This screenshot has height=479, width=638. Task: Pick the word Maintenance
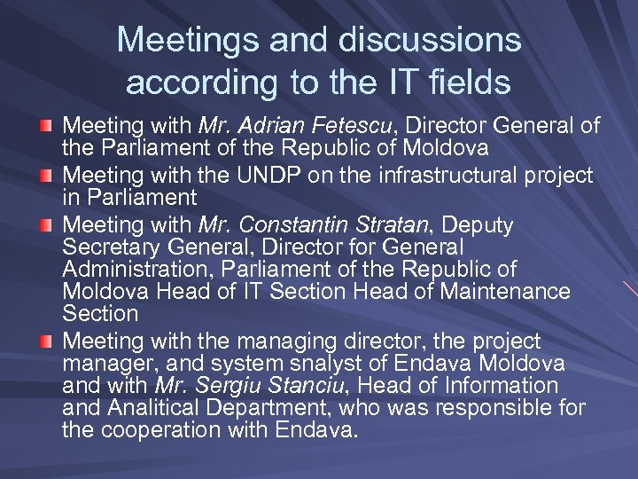coord(508,290)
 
